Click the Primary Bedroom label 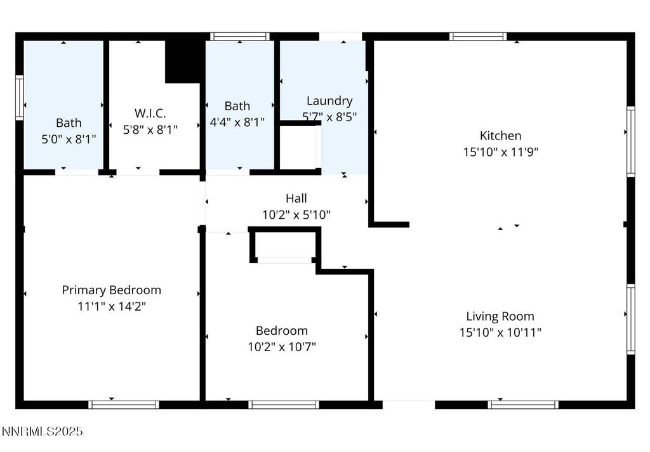[111, 290]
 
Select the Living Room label [500, 316]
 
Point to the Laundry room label [329, 101]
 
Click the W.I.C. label [150, 113]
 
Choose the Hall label [296, 198]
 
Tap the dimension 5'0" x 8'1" [69, 139]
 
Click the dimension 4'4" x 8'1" [237, 122]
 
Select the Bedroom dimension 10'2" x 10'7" [282, 347]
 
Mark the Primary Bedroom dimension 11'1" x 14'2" [111, 306]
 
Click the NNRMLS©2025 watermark [42, 432]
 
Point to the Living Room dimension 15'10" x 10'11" [500, 332]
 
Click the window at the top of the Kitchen [478, 36]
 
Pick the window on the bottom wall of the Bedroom [283, 404]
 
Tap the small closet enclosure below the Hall [284, 246]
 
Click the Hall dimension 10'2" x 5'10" [296, 215]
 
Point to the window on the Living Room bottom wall [523, 404]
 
